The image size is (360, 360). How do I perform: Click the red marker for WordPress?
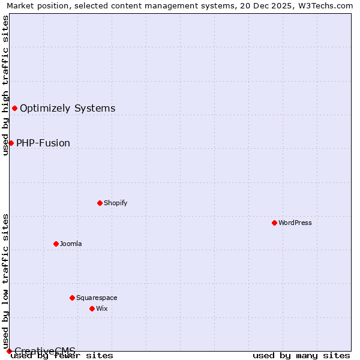274,223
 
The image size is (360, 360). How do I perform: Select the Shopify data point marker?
100,203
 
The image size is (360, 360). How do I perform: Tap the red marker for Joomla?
56,244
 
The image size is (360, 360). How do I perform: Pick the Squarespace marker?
72,298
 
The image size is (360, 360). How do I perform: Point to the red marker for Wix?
92,308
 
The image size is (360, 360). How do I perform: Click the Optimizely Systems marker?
14,108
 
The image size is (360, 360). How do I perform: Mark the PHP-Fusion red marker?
11,143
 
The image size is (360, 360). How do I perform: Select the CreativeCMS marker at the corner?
9,351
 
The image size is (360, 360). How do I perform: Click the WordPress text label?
295,223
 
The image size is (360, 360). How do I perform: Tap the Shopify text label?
116,203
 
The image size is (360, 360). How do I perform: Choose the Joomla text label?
71,244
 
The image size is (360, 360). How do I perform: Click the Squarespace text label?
97,298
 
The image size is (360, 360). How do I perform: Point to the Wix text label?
102,308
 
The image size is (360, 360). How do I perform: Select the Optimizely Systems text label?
68,109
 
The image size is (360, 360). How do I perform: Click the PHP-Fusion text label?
43,143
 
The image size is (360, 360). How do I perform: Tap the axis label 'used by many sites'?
301,356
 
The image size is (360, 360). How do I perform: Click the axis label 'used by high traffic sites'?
5,85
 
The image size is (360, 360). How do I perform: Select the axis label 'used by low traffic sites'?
5,281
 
